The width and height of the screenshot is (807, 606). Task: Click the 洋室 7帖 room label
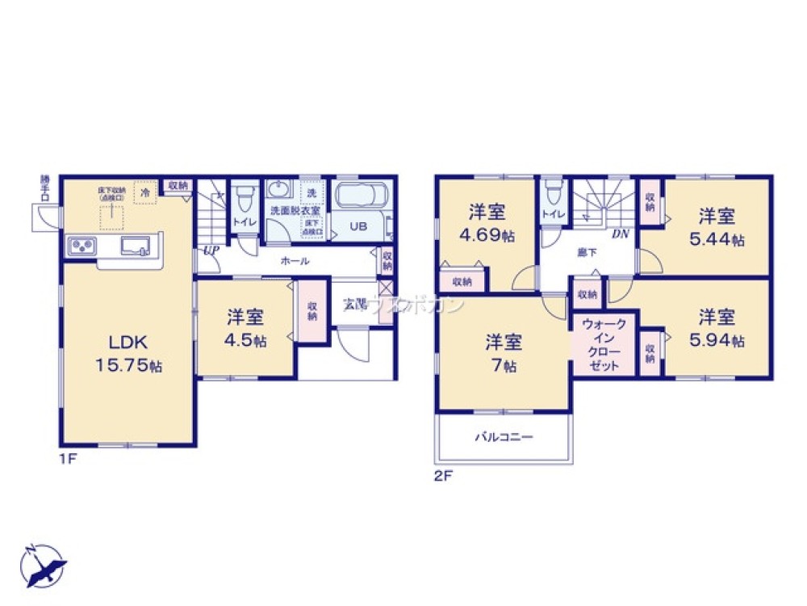click(x=504, y=352)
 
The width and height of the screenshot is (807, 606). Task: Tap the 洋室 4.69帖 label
click(x=487, y=224)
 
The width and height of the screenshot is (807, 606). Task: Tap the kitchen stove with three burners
click(x=83, y=245)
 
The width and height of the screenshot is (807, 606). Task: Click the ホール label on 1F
click(x=295, y=261)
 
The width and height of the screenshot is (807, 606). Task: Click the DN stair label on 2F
click(x=620, y=235)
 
